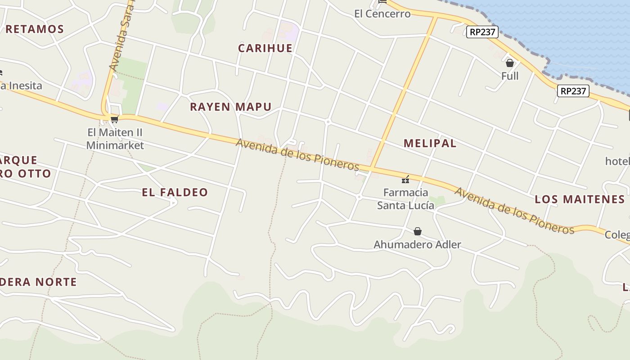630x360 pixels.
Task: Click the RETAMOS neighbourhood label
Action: (35, 29)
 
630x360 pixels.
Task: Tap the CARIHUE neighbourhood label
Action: (265, 48)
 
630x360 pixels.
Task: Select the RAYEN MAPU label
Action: (230, 107)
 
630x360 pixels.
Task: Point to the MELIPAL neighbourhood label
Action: (430, 143)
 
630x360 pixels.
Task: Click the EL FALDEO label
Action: (175, 192)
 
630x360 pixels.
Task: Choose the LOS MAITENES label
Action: (580, 199)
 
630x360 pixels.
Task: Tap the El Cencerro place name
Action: (382, 13)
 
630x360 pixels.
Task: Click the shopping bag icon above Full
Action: (510, 63)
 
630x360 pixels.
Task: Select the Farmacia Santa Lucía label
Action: (405, 199)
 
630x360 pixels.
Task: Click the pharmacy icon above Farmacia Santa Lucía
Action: (405, 180)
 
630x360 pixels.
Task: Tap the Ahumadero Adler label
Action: (417, 244)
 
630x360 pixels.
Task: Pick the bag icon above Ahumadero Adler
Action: (418, 231)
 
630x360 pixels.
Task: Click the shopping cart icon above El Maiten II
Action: (114, 119)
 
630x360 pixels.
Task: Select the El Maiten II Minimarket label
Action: (115, 139)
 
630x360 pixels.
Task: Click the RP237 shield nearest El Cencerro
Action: (482, 32)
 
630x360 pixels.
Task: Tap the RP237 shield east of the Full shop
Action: (573, 91)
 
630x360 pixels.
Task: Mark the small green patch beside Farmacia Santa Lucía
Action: (436, 200)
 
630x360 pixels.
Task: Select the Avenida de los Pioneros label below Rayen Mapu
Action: (297, 154)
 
